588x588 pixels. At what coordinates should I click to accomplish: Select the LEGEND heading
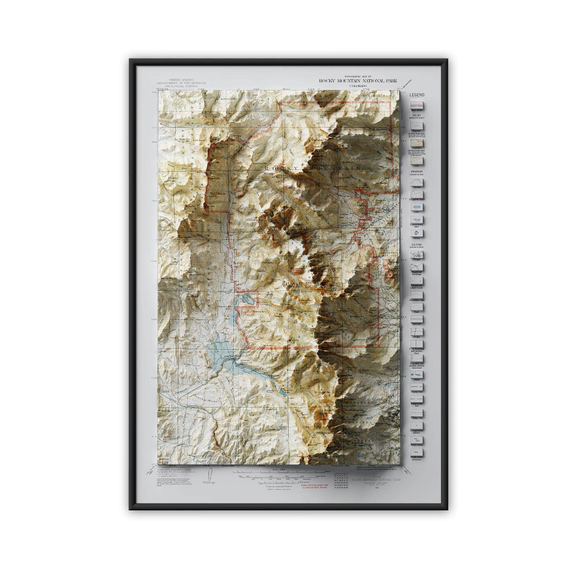(x=417, y=95)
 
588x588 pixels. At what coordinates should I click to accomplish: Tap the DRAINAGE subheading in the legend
(x=417, y=172)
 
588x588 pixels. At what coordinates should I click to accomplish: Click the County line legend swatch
(x=417, y=386)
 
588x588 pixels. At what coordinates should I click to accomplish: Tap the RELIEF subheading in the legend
(x=417, y=116)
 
